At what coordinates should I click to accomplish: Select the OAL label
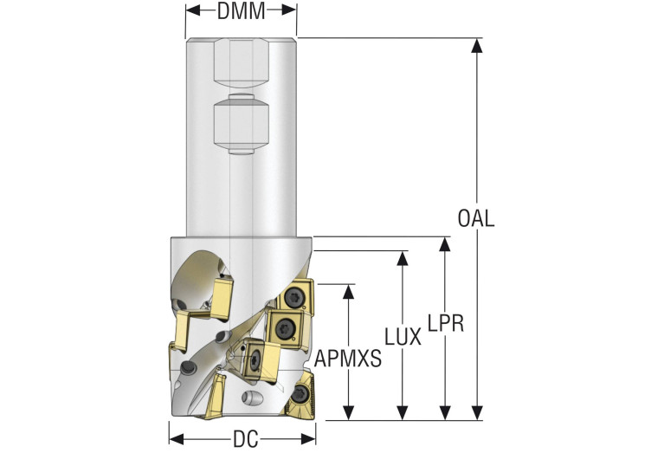tap(476, 218)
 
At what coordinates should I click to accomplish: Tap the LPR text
tap(446, 323)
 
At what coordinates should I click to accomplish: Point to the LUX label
tap(403, 337)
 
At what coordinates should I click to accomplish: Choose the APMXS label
tap(348, 358)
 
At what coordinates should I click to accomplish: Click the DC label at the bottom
tap(245, 439)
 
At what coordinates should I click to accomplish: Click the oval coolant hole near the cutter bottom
tap(252, 399)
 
